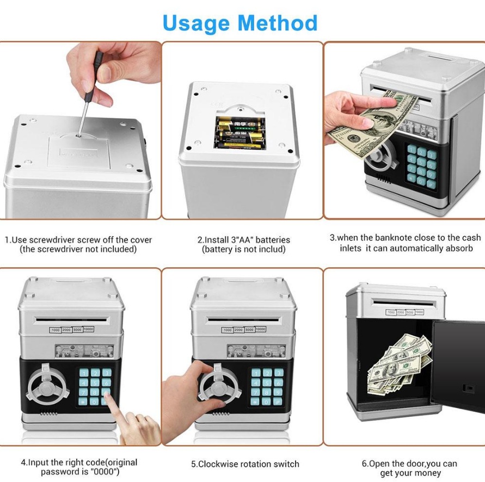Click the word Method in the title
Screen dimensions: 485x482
click(x=278, y=22)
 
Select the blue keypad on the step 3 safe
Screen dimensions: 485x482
click(x=421, y=166)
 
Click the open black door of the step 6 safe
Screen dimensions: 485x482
click(x=458, y=365)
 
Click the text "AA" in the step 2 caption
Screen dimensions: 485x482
click(x=245, y=240)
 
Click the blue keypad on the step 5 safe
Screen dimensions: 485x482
click(x=267, y=387)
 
